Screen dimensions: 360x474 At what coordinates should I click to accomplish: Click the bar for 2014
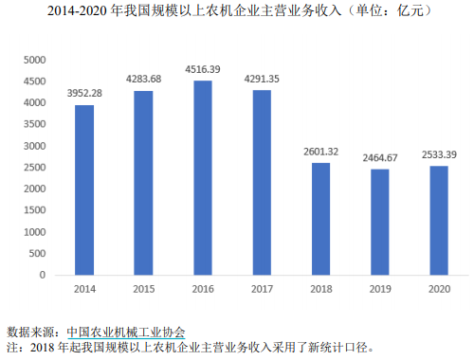click(x=84, y=189)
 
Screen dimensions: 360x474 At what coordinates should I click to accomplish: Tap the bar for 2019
click(x=380, y=222)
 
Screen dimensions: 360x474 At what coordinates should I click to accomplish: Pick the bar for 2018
click(x=321, y=219)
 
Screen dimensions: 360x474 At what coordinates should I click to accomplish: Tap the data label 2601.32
click(x=321, y=150)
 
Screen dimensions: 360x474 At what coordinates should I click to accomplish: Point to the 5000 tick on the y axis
click(x=34, y=60)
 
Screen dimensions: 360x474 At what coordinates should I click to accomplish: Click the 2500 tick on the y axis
click(x=34, y=168)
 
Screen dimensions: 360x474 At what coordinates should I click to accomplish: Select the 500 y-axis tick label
click(x=37, y=253)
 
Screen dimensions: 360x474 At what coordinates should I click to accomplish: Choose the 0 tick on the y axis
click(x=43, y=275)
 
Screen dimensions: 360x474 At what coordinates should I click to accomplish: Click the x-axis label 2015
click(x=143, y=288)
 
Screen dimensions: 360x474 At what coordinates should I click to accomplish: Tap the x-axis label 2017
click(x=262, y=288)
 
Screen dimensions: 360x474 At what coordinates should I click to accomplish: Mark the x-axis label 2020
click(x=439, y=288)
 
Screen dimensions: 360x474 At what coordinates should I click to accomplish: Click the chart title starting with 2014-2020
click(x=237, y=12)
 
